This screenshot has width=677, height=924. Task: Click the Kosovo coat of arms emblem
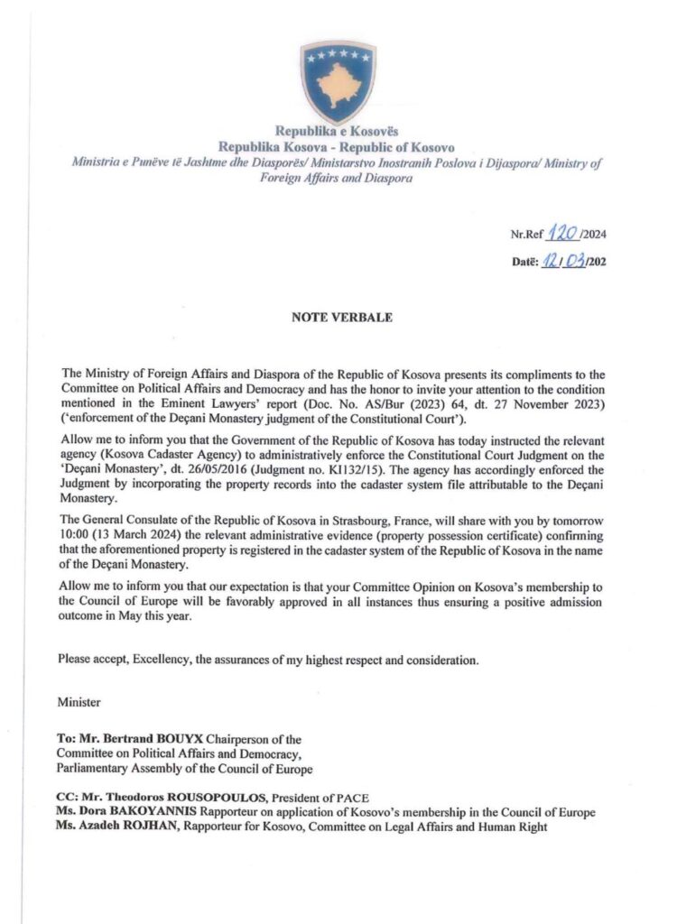[x=338, y=80]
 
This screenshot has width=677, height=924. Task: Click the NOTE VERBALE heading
[x=338, y=318]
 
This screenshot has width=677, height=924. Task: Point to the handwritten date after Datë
[x=566, y=262]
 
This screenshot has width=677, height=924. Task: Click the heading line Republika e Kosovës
[x=338, y=132]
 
